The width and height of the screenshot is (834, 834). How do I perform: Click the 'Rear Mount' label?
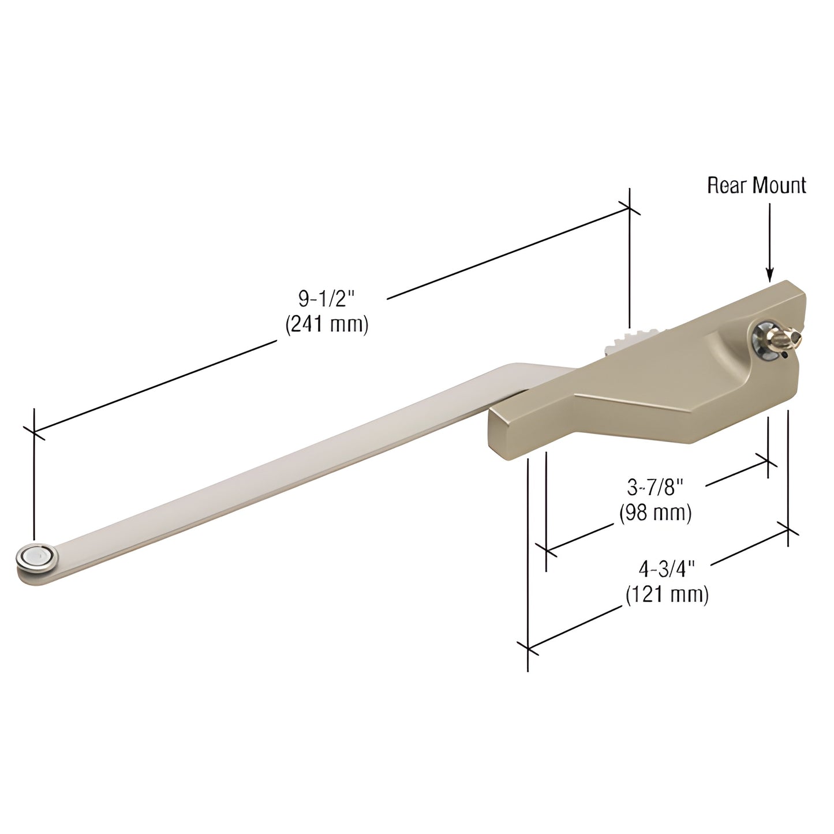(756, 185)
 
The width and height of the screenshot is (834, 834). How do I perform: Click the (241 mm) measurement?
(327, 324)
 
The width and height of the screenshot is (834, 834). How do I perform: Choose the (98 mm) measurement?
(655, 513)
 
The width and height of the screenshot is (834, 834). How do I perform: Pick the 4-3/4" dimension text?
(665, 569)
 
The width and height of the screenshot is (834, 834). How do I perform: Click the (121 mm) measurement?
(667, 594)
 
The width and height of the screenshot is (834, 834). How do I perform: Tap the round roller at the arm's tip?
(36, 558)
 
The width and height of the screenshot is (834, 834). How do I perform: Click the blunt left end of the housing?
(500, 427)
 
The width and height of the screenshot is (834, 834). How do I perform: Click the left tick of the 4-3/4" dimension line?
(528, 648)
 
